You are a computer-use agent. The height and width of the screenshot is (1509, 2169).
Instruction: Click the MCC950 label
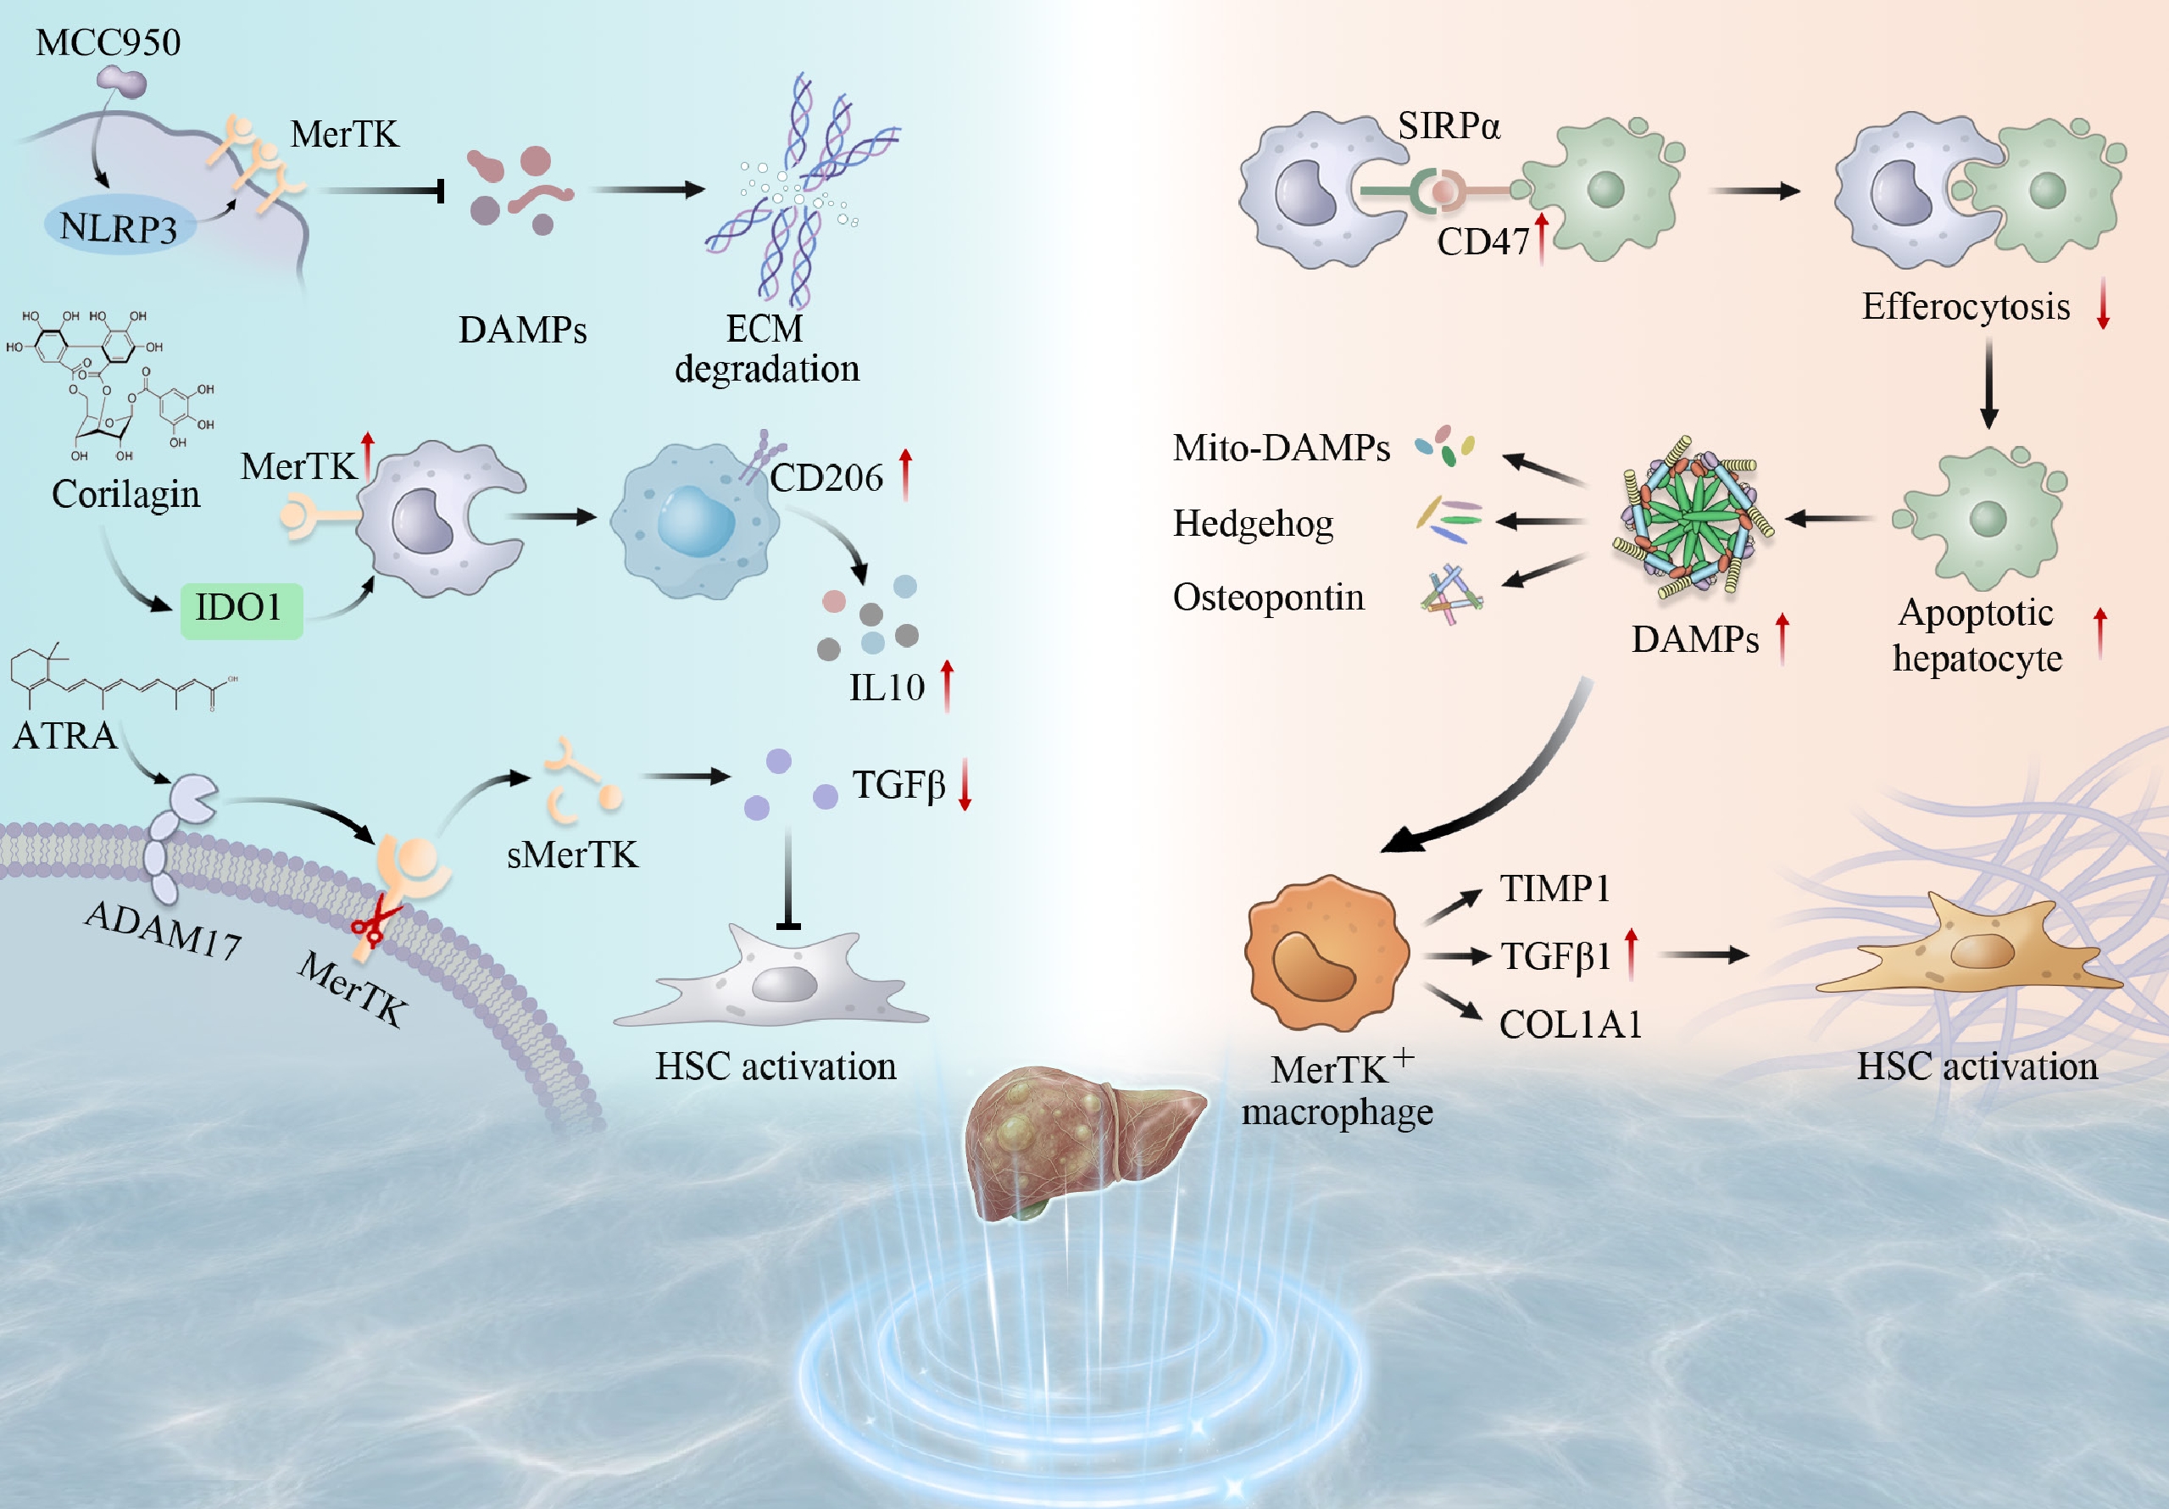(108, 42)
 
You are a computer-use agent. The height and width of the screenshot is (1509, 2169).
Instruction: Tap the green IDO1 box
(242, 610)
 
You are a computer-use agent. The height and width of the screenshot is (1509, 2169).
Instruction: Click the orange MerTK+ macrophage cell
(1326, 953)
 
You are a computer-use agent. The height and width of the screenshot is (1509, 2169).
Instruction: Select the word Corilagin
(125, 494)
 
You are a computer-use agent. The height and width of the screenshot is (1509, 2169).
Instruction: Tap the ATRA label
(64, 735)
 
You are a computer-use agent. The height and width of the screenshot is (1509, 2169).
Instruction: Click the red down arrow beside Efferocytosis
(2103, 303)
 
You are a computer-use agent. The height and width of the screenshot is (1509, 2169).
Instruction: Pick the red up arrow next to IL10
(948, 685)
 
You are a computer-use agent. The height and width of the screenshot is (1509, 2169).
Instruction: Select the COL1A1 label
(1571, 1024)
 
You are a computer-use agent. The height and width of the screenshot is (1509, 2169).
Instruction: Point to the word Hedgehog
(1253, 522)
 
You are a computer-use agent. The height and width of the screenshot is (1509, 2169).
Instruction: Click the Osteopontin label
(1269, 597)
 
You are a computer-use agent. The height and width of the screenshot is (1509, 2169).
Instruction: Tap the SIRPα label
(1449, 125)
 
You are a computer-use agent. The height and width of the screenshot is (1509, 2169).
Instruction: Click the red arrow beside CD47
(1542, 237)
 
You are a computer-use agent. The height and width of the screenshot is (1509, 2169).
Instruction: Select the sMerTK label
(572, 855)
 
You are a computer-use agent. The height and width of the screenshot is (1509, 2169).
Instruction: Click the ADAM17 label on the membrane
(163, 930)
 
